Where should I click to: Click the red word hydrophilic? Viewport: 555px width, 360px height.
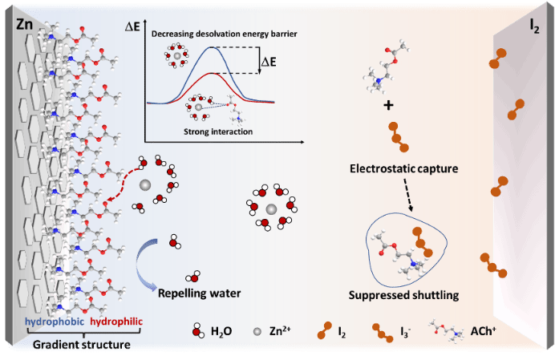[x=116, y=322]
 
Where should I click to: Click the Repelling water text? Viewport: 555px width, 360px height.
[x=199, y=293]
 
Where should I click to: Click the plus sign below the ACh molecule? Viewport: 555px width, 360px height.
[x=388, y=107]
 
